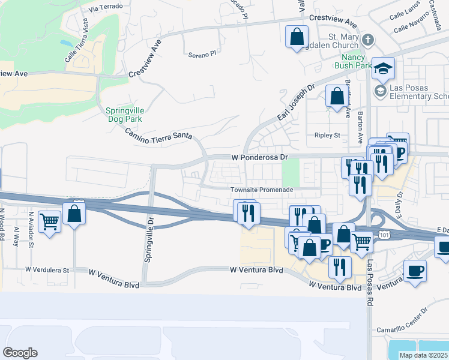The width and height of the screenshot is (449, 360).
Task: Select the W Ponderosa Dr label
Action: tap(260, 157)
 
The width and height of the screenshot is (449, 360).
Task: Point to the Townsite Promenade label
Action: tap(262, 190)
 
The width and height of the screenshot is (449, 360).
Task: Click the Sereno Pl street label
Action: tap(201, 55)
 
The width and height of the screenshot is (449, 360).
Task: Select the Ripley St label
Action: tap(327, 136)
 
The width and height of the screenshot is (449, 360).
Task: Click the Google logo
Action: tap(20, 353)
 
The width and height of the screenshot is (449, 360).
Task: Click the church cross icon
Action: tap(368, 40)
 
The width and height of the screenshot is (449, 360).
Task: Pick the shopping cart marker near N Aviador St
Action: tap(50, 221)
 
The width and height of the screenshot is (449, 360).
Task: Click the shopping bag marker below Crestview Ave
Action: tap(297, 37)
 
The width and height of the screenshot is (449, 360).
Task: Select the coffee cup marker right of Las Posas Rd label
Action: tap(415, 271)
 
